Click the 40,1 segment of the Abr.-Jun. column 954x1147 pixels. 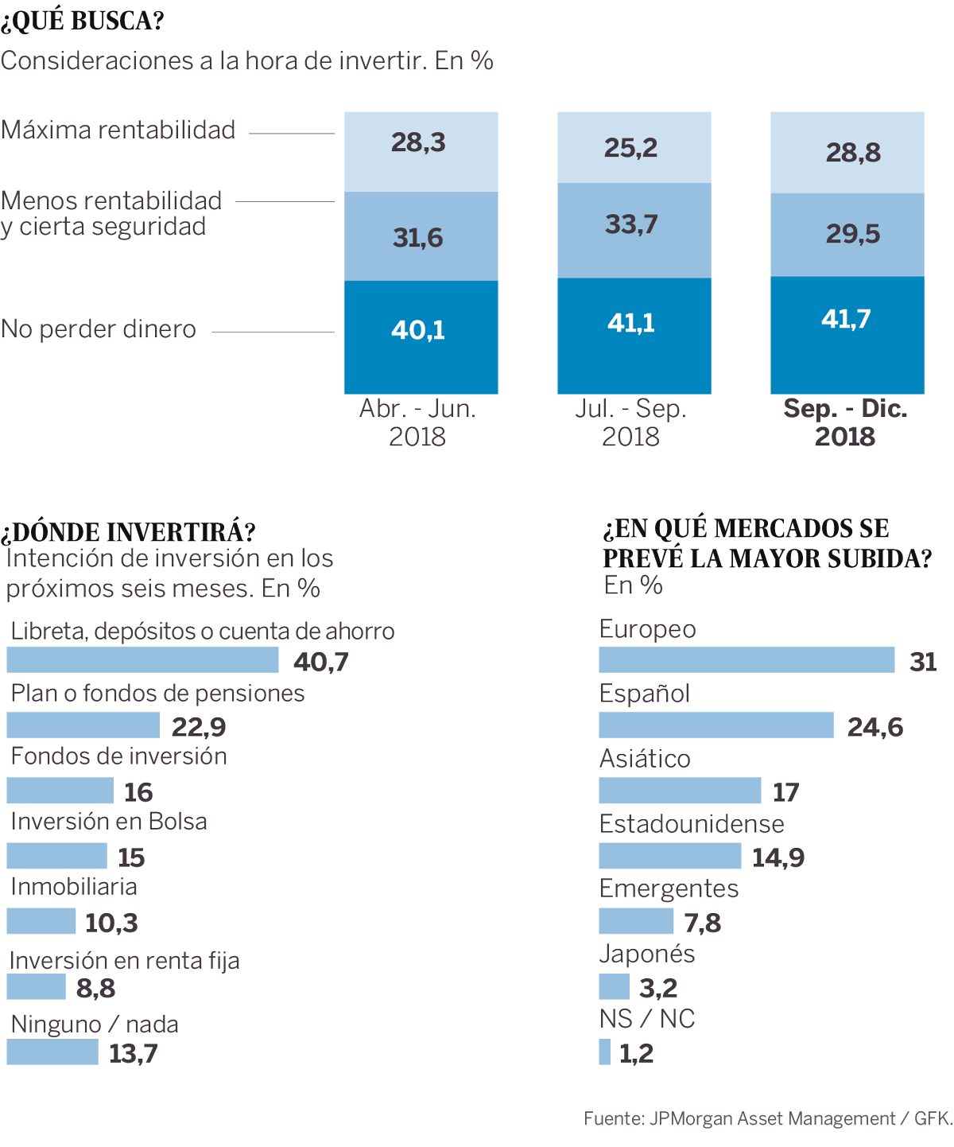[421, 336]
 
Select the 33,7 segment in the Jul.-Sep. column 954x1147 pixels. [634, 230]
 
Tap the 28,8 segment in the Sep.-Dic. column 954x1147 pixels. [847, 152]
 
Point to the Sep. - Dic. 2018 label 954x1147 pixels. [845, 422]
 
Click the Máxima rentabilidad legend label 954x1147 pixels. [118, 130]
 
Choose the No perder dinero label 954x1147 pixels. [99, 329]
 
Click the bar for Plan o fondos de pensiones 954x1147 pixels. [83, 725]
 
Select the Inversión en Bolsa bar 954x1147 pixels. [56, 856]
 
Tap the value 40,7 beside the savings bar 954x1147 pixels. [321, 662]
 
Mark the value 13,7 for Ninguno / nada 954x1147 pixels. [134, 1053]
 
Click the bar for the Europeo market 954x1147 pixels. [747, 660]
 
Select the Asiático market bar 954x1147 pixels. [680, 791]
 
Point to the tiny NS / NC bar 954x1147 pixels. [605, 1052]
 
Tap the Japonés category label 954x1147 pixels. [647, 954]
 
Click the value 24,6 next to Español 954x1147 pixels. [875, 727]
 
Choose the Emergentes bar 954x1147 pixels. [636, 921]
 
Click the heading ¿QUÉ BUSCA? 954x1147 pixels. [83, 21]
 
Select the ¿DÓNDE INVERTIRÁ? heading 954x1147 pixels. [128, 531]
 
